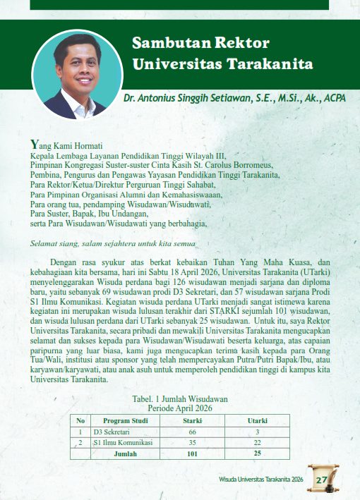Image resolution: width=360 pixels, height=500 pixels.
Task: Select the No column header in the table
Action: tap(81, 420)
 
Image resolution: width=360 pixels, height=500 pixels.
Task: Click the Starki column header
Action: tap(192, 420)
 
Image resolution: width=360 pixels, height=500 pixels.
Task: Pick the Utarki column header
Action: tap(257, 420)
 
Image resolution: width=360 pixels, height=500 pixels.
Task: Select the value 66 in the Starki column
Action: tap(192, 432)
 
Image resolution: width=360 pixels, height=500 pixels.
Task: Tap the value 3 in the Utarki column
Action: tap(257, 432)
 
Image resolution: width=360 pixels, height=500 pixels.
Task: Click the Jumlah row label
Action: tap(125, 453)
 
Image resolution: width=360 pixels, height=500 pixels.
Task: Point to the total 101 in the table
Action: tap(192, 453)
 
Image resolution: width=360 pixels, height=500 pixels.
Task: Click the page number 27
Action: tap(321, 480)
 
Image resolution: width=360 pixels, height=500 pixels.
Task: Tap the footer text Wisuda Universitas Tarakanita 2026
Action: tap(260, 480)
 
